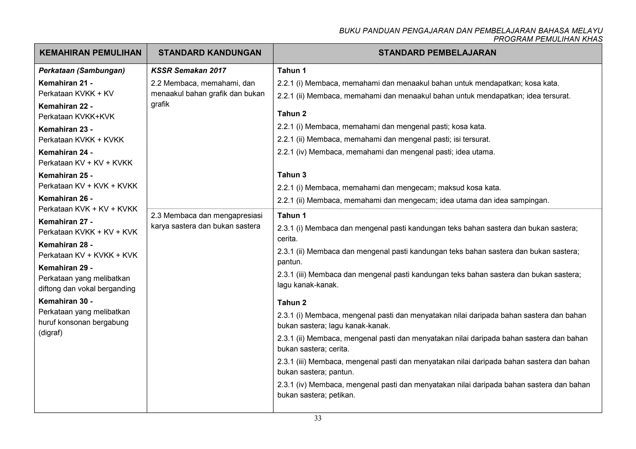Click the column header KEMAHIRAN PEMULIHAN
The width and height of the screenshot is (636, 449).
pyautogui.click(x=90, y=53)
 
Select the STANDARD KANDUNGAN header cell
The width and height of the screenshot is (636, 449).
pyautogui.click(x=210, y=53)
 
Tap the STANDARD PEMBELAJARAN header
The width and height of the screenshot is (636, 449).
pyautogui.click(x=437, y=53)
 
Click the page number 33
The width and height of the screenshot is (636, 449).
pyautogui.click(x=318, y=419)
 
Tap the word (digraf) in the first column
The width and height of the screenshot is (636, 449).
pyautogui.click(x=50, y=333)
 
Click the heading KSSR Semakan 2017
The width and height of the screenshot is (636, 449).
pyautogui.click(x=188, y=71)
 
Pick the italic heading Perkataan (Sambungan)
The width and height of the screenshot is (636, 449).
pyautogui.click(x=81, y=71)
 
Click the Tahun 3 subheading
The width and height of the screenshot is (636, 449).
pyautogui.click(x=292, y=175)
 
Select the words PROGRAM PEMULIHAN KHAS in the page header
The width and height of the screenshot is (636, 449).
pyautogui.click(x=548, y=39)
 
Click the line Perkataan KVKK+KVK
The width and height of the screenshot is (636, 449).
pyautogui.click(x=76, y=117)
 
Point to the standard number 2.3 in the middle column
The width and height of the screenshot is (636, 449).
pyautogui.click(x=156, y=216)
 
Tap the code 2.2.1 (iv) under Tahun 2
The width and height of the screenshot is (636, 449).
pyautogui.click(x=292, y=152)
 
